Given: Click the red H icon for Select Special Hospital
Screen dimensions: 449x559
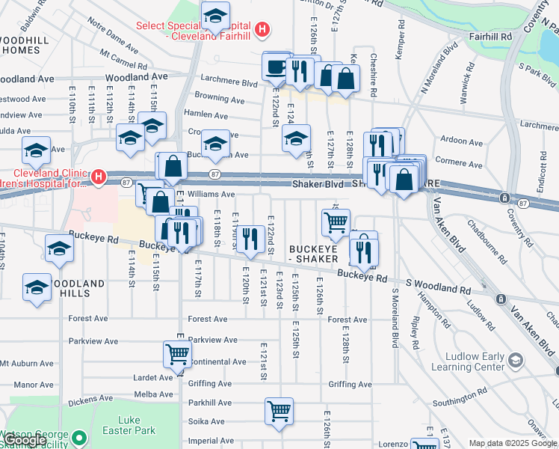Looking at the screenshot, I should (262, 30).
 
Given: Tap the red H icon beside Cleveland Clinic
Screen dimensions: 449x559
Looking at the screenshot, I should (99, 177).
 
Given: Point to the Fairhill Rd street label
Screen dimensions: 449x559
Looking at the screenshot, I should (491, 36).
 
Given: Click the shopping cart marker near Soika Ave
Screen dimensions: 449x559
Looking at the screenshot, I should (279, 411).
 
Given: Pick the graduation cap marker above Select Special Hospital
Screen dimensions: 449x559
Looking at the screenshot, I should (216, 15).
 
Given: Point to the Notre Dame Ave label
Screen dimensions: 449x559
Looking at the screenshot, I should (113, 42).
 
